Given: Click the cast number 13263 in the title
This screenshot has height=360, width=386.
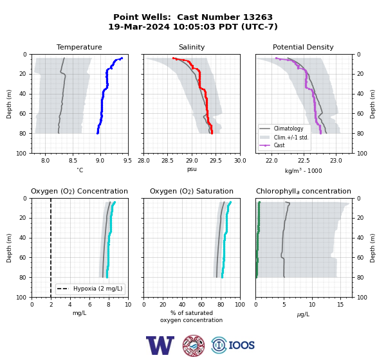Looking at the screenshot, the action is [258, 17].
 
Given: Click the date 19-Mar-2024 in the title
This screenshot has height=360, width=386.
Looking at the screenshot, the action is [139, 26].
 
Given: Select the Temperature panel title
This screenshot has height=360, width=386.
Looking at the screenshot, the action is [79, 47].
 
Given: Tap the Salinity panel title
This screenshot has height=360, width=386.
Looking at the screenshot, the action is [192, 47].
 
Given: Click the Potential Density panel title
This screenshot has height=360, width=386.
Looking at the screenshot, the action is [303, 47].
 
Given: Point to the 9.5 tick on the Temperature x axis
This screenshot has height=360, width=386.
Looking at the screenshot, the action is [127, 161].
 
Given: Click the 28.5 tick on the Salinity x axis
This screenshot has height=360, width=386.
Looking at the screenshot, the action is [168, 161].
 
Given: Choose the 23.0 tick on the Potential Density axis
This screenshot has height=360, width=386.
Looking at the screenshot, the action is [336, 161].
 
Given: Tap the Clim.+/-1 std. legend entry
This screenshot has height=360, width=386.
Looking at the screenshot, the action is [284, 138].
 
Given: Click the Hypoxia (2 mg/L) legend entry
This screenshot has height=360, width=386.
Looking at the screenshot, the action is [90, 289].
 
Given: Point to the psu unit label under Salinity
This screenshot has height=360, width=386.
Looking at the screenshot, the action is [192, 169].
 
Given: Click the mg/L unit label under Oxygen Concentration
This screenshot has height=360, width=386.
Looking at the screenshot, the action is [79, 313].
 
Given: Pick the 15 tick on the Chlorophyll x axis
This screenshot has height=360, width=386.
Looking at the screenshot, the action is [340, 305].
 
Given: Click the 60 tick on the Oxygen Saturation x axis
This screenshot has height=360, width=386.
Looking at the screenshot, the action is [201, 305].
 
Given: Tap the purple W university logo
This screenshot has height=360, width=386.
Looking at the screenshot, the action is [160, 345].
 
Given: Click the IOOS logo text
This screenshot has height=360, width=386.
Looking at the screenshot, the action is [241, 345].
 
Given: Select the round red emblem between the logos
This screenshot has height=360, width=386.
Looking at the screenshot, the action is [194, 345].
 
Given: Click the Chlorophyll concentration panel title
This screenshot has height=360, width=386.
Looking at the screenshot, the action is [303, 191].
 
